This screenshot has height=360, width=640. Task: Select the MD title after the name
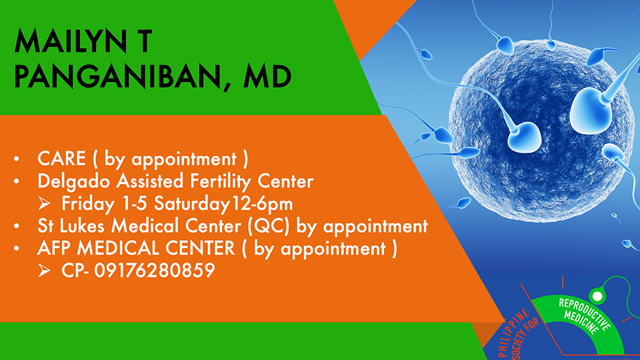267,76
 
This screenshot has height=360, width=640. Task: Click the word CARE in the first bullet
61,159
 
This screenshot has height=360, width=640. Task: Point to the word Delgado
74,181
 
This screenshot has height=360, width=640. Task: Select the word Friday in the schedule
88,204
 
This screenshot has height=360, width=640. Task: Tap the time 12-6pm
262,204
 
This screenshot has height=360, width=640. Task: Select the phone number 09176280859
155,270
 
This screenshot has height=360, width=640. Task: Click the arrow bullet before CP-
44,270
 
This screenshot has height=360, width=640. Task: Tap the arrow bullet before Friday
44,203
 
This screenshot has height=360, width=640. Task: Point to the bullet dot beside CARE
16,159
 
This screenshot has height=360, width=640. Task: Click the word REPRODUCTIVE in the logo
585,314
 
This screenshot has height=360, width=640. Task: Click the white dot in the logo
597,296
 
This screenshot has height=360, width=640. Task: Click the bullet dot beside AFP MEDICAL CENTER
16,249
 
